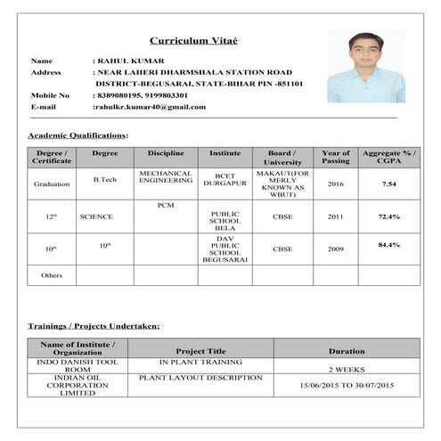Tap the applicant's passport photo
coord(360,67)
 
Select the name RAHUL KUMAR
coord(128,61)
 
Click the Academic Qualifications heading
coord(78,135)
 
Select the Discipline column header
coord(166,153)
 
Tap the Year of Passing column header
coord(336,158)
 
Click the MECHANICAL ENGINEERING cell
coord(166,176)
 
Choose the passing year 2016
coord(335,184)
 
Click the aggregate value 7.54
coord(389,184)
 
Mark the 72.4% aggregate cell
coord(389,216)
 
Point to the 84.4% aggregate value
coord(389,244)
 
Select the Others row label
coord(52,275)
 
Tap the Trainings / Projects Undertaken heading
coord(94,326)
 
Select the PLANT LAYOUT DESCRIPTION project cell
coord(201,378)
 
